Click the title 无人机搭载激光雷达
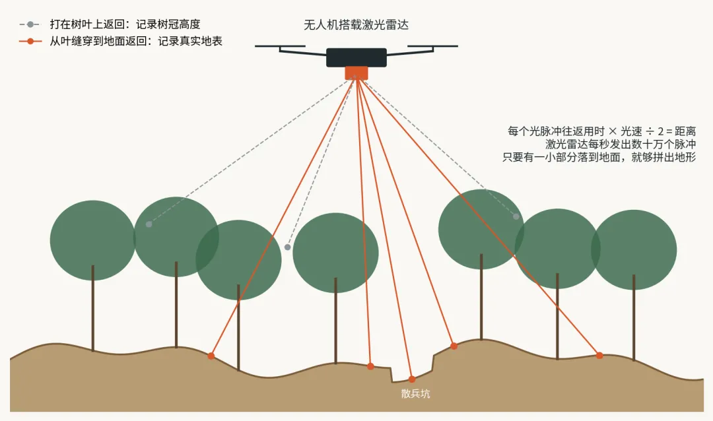pyautogui.click(x=356, y=24)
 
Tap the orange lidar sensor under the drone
pyautogui.click(x=356, y=73)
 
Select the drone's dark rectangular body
pyautogui.click(x=356, y=57)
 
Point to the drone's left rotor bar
pyautogui.click(x=280, y=46)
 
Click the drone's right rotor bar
pyautogui.click(x=432, y=46)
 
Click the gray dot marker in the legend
pyautogui.click(x=30, y=24)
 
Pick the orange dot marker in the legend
pyautogui.click(x=30, y=42)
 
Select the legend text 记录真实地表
pyautogui.click(x=190, y=42)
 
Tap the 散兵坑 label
pyautogui.click(x=416, y=394)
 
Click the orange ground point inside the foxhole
pyautogui.click(x=412, y=379)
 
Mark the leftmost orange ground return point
pyautogui.click(x=211, y=356)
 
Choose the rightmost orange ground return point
pyautogui.click(x=599, y=356)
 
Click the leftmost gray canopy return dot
pyautogui.click(x=149, y=224)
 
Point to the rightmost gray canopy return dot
pyautogui.click(x=516, y=216)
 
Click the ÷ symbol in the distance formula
pyautogui.click(x=650, y=132)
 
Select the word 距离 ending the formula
pyautogui.click(x=685, y=132)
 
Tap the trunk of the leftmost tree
pyautogui.click(x=93, y=308)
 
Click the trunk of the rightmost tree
pyautogui.click(x=634, y=317)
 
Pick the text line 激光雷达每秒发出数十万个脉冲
pyautogui.click(x=621, y=145)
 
